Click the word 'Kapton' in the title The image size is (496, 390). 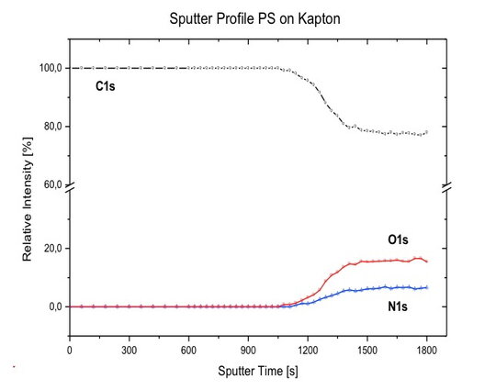tap(316, 18)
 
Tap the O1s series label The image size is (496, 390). tap(398, 240)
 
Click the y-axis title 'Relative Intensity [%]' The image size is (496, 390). tap(27, 204)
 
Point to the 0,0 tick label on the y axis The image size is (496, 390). tap(54, 306)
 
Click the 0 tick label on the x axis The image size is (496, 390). tap(70, 350)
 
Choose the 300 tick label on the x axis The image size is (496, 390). tap(129, 350)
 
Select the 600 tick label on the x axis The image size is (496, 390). tap(188, 350)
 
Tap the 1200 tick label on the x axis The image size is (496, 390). tap(308, 350)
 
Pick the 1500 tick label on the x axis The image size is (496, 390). tap(366, 350)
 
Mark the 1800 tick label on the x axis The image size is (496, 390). tap(426, 350)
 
